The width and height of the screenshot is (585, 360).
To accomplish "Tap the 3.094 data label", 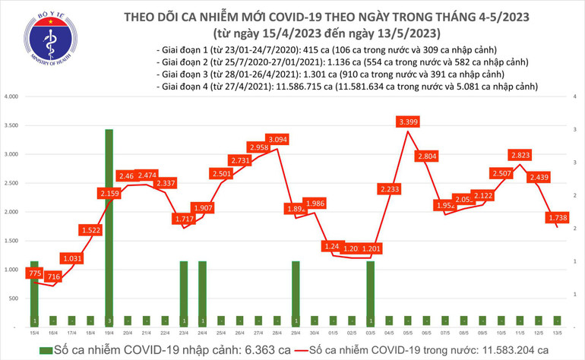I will pyautogui.click(x=276, y=139).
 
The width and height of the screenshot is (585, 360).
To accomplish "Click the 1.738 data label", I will pyautogui.click(x=558, y=217).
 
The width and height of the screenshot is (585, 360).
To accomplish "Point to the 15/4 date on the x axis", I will pyautogui.click(x=34, y=333).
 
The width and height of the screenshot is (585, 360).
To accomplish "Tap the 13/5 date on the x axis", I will pyautogui.click(x=558, y=333).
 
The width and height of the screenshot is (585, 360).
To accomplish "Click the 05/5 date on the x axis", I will pyautogui.click(x=409, y=333).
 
